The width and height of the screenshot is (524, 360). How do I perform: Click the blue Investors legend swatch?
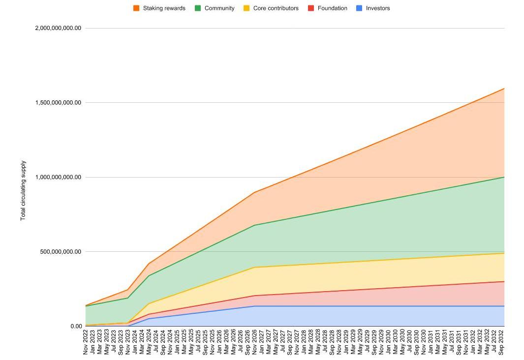359,8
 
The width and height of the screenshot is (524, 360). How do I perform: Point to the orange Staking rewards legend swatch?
136,8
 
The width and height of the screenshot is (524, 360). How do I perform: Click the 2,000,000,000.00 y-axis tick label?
58,28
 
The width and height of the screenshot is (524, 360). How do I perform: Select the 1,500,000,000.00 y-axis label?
58,103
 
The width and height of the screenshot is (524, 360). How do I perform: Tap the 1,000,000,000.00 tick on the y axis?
58,177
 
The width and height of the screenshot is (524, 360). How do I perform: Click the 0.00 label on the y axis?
76,327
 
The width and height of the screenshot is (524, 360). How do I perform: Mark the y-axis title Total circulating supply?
23,190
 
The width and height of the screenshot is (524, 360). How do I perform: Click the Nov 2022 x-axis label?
86,342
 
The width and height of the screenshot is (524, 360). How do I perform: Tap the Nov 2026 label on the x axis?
254,342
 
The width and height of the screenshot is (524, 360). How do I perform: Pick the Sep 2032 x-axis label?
501,342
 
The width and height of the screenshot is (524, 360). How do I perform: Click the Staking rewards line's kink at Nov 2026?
254,192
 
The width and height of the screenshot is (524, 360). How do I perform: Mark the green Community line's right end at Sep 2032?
504,177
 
